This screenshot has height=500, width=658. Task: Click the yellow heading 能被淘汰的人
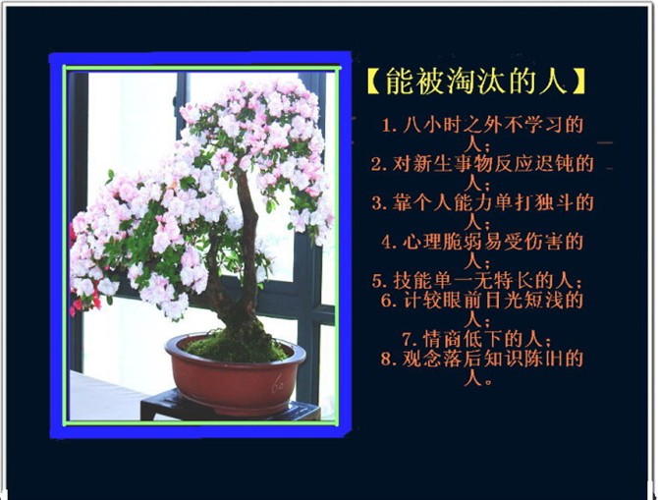(x=475, y=81)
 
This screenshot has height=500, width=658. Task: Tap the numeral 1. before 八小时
(x=389, y=126)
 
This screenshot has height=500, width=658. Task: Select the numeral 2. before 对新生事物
(x=379, y=165)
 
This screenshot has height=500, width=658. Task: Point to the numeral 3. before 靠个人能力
(x=379, y=203)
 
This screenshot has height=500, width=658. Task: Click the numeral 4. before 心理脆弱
(x=390, y=243)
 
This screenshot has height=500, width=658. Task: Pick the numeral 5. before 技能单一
(x=379, y=281)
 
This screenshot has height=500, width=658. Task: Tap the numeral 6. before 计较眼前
(x=389, y=301)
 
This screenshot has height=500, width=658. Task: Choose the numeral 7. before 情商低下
(x=410, y=339)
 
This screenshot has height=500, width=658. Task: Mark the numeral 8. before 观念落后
(x=389, y=360)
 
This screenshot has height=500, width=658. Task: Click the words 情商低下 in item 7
(x=463, y=339)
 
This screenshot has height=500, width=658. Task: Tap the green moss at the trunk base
(x=236, y=345)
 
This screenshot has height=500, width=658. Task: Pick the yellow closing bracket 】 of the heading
(x=577, y=81)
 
